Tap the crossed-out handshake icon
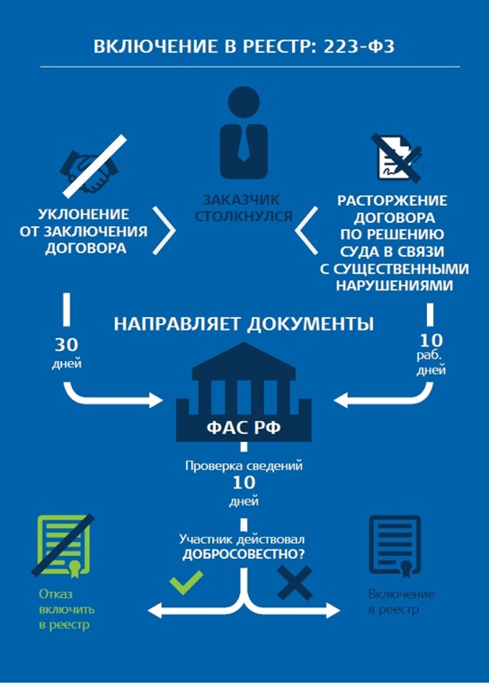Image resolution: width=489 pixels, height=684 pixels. [x=90, y=168]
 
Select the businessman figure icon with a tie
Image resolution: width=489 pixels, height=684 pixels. [x=244, y=133]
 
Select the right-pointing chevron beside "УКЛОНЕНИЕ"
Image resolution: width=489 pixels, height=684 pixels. [x=163, y=231]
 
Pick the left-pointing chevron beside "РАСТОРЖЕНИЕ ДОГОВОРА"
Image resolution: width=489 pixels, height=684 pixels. [x=306, y=231]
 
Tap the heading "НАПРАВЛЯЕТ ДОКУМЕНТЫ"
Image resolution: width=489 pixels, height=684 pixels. [x=243, y=324]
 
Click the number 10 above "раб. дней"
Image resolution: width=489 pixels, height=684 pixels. [x=431, y=340]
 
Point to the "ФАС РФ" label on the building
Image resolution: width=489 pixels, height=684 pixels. [x=243, y=428]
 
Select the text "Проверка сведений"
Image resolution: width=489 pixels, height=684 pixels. [x=243, y=465]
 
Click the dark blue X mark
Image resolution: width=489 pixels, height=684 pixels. [x=294, y=583]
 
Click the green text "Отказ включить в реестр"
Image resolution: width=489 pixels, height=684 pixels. [x=66, y=609]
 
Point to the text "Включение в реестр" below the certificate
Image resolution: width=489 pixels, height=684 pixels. [x=401, y=601]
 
